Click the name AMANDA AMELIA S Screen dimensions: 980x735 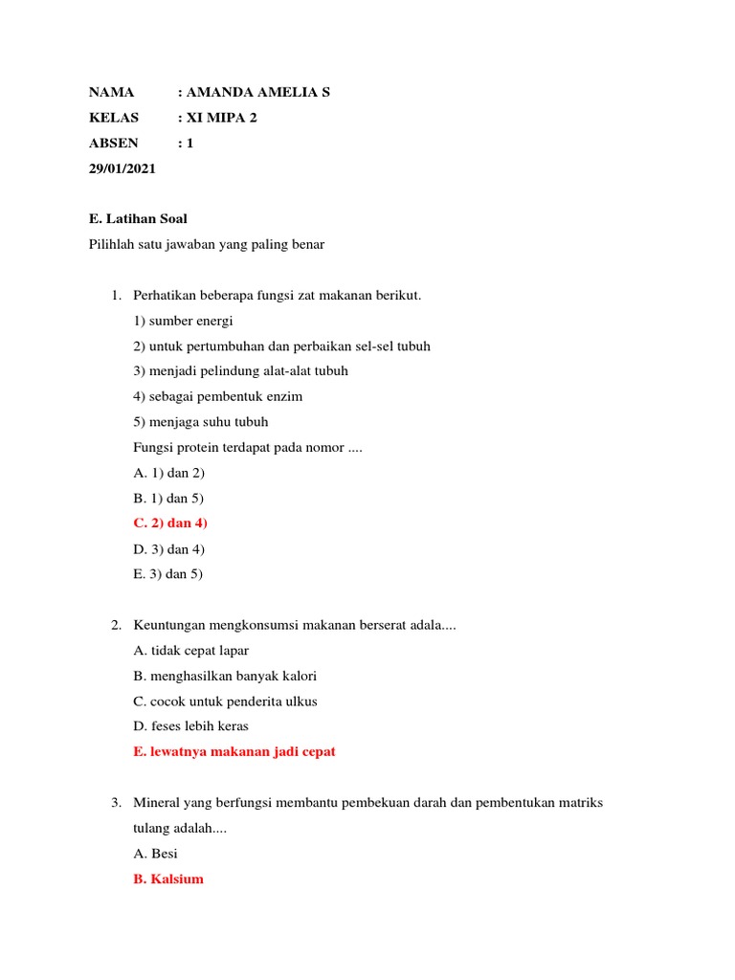pyautogui.click(x=258, y=93)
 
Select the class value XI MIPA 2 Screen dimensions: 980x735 pyautogui.click(x=221, y=118)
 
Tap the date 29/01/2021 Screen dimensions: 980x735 pyautogui.click(x=122, y=168)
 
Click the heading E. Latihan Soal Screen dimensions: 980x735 pyautogui.click(x=138, y=219)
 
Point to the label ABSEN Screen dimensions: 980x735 pyautogui.click(x=114, y=144)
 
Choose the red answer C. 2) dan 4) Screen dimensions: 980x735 pyautogui.click(x=170, y=523)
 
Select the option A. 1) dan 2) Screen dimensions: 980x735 pyautogui.click(x=169, y=473)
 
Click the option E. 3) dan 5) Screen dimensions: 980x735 pyautogui.click(x=168, y=574)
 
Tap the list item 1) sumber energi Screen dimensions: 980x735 pyautogui.click(x=183, y=321)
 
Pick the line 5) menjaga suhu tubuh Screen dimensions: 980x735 pyautogui.click(x=201, y=422)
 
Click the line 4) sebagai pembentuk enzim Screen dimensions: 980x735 pyautogui.click(x=218, y=396)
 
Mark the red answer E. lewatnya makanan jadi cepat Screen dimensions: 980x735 pyautogui.click(x=234, y=752)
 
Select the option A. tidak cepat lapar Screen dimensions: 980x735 pyautogui.click(x=191, y=651)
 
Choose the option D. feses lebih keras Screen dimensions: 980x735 pyautogui.click(x=191, y=726)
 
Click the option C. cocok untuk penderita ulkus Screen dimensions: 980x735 pyautogui.click(x=226, y=702)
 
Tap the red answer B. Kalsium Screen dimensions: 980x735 pyautogui.click(x=168, y=879)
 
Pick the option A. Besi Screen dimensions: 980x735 pyautogui.click(x=156, y=854)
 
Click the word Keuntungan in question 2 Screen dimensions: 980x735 pyautogui.click(x=167, y=626)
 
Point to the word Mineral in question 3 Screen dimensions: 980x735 pyautogui.click(x=157, y=803)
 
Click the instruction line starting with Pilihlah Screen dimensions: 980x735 pyautogui.click(x=207, y=245)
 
